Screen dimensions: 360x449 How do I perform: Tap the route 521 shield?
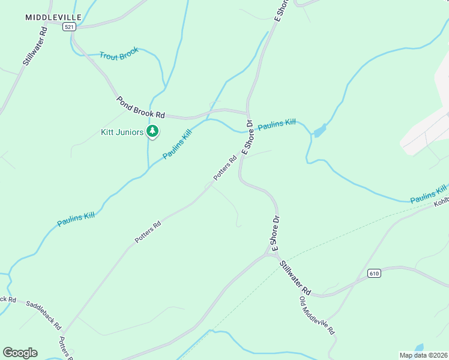tap(70, 28)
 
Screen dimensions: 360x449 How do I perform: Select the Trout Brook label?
tap(119, 53)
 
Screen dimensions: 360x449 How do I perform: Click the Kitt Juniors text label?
tap(122, 132)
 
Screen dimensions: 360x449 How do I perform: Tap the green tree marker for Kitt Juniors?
tap(152, 131)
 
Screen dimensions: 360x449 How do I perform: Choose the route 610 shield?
tap(374, 274)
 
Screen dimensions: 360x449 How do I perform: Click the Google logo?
tap(20, 353)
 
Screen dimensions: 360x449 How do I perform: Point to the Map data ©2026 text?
tap(423, 355)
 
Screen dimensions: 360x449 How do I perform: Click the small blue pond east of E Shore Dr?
tap(319, 130)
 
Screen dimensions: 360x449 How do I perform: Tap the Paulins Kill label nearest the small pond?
tap(277, 125)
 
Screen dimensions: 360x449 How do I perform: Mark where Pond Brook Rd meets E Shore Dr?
tap(247, 112)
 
